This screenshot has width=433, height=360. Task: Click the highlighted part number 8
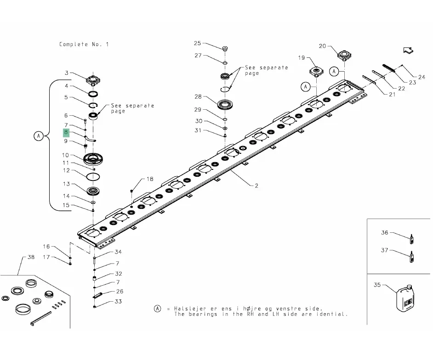(66, 132)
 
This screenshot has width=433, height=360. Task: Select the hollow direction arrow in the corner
(408, 51)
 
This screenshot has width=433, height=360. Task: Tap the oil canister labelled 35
(405, 298)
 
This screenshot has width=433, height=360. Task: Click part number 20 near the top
(322, 46)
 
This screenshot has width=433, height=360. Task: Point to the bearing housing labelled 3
(93, 80)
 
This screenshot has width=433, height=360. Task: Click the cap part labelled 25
(225, 49)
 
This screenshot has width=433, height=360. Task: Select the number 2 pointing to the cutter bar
(256, 186)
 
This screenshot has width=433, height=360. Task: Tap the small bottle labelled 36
(412, 239)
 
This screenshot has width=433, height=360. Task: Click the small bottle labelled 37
(412, 257)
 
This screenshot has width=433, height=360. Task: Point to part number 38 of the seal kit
(31, 257)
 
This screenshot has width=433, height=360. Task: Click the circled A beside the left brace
(39, 136)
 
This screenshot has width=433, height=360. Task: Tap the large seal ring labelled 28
(225, 105)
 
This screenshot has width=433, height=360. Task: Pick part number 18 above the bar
(150, 179)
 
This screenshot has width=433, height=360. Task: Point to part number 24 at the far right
(422, 77)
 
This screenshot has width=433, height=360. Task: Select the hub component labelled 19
(316, 72)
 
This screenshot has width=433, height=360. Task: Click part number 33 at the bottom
(118, 302)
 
